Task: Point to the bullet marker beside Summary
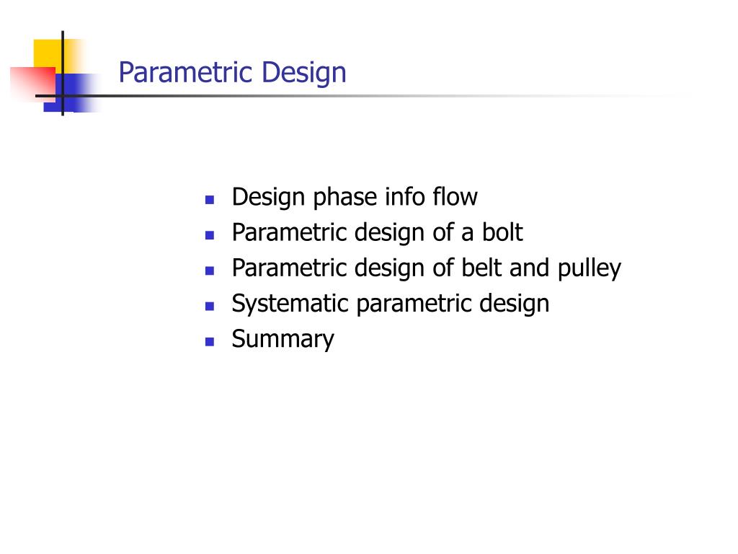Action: (x=210, y=341)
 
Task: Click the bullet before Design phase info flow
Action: (x=210, y=199)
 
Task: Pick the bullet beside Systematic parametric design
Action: (x=210, y=306)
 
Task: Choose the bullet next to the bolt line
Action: (x=210, y=234)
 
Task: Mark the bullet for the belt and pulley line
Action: (x=210, y=271)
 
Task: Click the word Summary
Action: (x=283, y=339)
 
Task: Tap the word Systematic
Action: (x=290, y=304)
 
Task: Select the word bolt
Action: (x=502, y=232)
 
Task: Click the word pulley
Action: (x=588, y=268)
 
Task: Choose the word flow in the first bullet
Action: (x=455, y=196)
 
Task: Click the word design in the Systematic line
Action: (x=514, y=304)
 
